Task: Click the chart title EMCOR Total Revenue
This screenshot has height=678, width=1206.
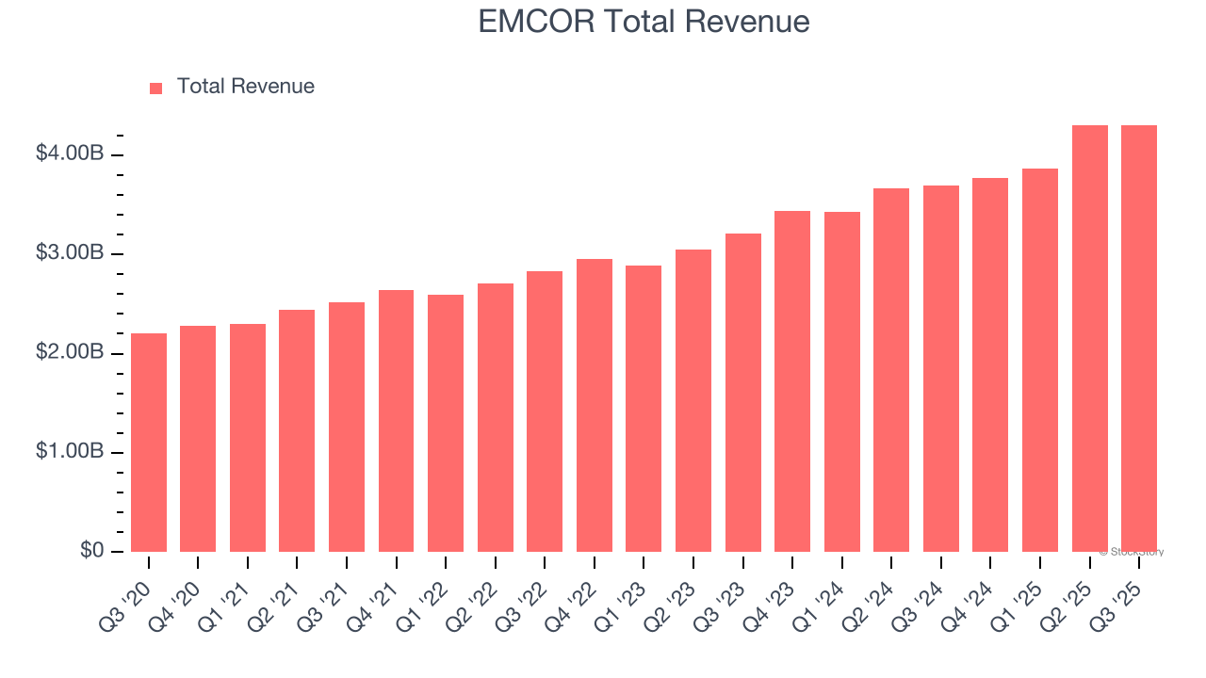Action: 644,21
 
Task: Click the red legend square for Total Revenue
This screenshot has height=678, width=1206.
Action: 155,88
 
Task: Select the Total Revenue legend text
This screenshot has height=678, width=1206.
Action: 245,87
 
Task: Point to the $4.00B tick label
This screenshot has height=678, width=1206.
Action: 70,153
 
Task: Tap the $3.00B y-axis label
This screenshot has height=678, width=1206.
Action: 70,253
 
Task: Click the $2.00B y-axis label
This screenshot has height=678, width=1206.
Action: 70,352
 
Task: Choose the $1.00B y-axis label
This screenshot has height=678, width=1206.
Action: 70,452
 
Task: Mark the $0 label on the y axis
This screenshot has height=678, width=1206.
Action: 90,551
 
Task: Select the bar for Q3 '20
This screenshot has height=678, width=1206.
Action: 149,443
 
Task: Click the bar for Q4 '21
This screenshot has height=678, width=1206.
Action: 396,421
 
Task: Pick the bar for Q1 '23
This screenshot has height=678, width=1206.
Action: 644,409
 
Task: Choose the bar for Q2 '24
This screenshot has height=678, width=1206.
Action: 891,370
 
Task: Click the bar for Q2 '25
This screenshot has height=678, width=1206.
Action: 1089,339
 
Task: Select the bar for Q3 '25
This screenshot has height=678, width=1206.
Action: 1139,339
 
